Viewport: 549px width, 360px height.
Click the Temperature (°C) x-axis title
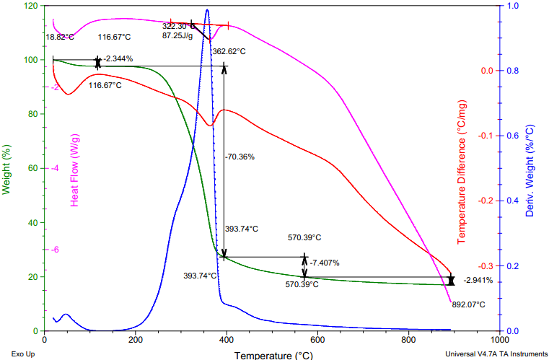tap(273, 355)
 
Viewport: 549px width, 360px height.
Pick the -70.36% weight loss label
tap(240, 156)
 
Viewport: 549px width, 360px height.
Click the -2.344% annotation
tap(118, 59)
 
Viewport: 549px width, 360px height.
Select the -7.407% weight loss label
tap(324, 263)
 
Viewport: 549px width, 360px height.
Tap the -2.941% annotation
tap(478, 280)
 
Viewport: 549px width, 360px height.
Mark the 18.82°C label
tap(60, 37)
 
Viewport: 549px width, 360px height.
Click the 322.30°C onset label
tap(177, 26)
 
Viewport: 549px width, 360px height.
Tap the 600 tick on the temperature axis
tap(408, 340)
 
